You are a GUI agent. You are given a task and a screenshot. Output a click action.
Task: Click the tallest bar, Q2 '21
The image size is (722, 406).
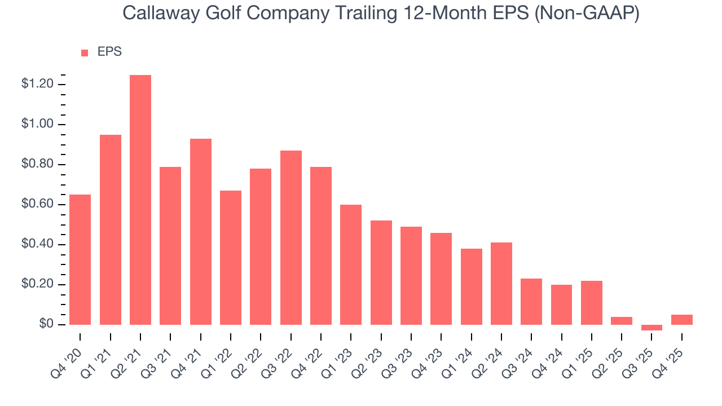pyautogui.click(x=140, y=200)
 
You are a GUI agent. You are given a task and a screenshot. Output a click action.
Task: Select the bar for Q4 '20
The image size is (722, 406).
pyautogui.click(x=80, y=259)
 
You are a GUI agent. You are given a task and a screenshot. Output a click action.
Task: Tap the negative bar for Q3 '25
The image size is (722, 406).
pyautogui.click(x=651, y=328)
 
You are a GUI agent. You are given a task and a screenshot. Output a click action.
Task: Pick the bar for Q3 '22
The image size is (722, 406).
pyautogui.click(x=291, y=237)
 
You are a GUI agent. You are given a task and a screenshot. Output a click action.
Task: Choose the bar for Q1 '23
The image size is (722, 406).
pyautogui.click(x=351, y=264)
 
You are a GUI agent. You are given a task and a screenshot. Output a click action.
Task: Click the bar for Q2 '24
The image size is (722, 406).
pyautogui.click(x=501, y=284)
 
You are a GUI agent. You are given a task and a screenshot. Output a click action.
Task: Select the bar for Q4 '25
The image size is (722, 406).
pyautogui.click(x=681, y=320)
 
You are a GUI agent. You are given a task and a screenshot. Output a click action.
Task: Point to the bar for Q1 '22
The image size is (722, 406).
pyautogui.click(x=231, y=258)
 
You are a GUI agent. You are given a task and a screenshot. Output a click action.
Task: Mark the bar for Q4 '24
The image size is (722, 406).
pyautogui.click(x=561, y=304)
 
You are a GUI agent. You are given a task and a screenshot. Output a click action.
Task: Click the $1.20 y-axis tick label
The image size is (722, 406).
pyautogui.click(x=37, y=84)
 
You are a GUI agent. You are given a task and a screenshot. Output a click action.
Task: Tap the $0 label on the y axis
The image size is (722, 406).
pyautogui.click(x=46, y=324)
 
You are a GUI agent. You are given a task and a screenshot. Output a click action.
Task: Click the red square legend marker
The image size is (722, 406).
pyautogui.click(x=85, y=52)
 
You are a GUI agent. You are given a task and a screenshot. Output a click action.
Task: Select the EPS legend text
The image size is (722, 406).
pyautogui.click(x=109, y=52)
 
